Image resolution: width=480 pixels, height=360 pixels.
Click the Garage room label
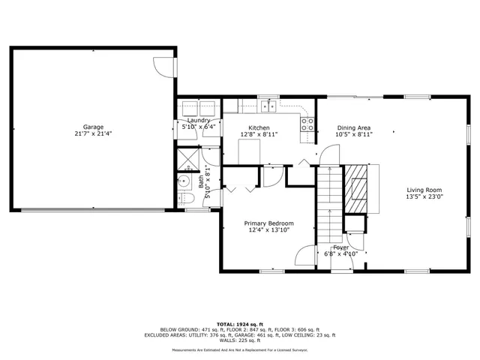pos(93,127)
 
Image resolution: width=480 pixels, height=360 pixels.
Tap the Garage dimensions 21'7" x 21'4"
pos(93,134)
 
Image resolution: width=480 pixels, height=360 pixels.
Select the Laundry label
pos(199,120)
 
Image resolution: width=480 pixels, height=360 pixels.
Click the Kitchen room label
pos(259,127)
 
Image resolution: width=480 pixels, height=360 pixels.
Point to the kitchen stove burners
pos(307,124)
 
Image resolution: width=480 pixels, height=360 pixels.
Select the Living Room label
pos(424,190)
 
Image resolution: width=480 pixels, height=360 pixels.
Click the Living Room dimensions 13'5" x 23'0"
pos(424,197)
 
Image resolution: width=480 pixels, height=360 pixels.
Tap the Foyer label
pos(341,247)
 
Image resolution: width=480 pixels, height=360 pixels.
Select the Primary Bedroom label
pos(268,223)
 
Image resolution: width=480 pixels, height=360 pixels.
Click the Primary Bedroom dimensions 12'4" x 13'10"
pos(268,231)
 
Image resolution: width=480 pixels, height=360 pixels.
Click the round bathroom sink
pos(184,181)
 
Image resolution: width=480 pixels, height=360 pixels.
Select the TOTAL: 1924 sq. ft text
pos(239,323)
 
